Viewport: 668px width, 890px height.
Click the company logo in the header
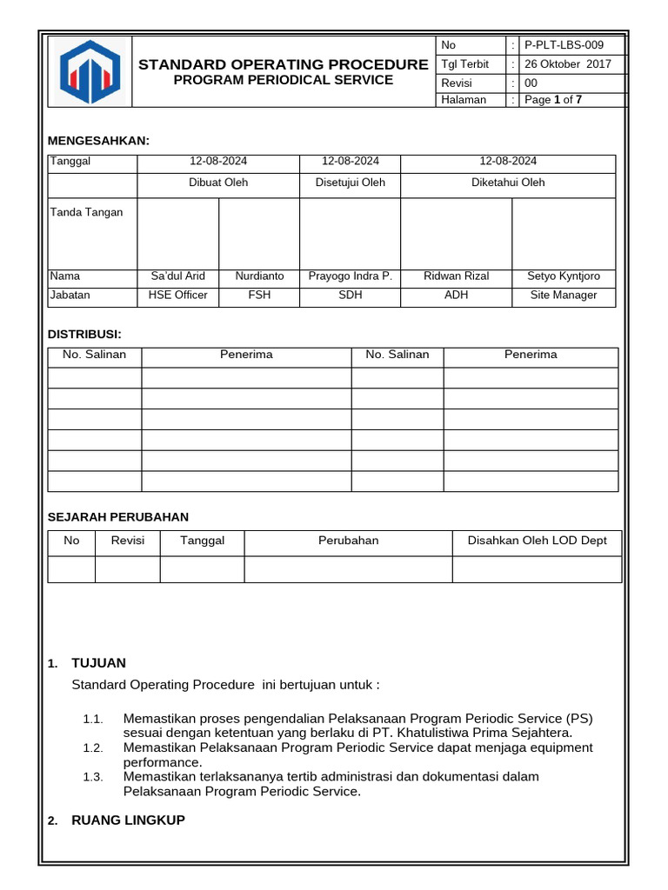89,71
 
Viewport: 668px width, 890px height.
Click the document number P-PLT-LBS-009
563,45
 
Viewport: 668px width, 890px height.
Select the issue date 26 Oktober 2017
568,64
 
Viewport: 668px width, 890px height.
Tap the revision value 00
531,83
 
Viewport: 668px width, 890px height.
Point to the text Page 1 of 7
553,100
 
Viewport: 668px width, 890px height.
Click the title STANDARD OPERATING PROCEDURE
284,64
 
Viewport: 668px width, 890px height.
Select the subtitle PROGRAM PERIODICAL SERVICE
284,80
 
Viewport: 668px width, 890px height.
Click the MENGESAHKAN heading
98,140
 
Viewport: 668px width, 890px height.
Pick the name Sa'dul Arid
178,276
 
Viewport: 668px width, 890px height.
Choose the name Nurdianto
259,276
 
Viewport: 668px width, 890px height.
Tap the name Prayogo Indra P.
351,276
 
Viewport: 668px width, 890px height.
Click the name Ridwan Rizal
456,276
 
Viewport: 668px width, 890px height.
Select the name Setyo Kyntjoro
564,276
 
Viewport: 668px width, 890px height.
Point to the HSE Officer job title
178,296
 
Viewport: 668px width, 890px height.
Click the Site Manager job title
564,296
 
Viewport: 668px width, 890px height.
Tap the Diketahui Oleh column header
508,183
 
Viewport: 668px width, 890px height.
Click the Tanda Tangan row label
87,212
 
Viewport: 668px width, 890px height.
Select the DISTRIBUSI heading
84,334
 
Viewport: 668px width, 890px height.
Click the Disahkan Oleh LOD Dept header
538,541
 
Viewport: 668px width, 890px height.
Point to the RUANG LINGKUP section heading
128,820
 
